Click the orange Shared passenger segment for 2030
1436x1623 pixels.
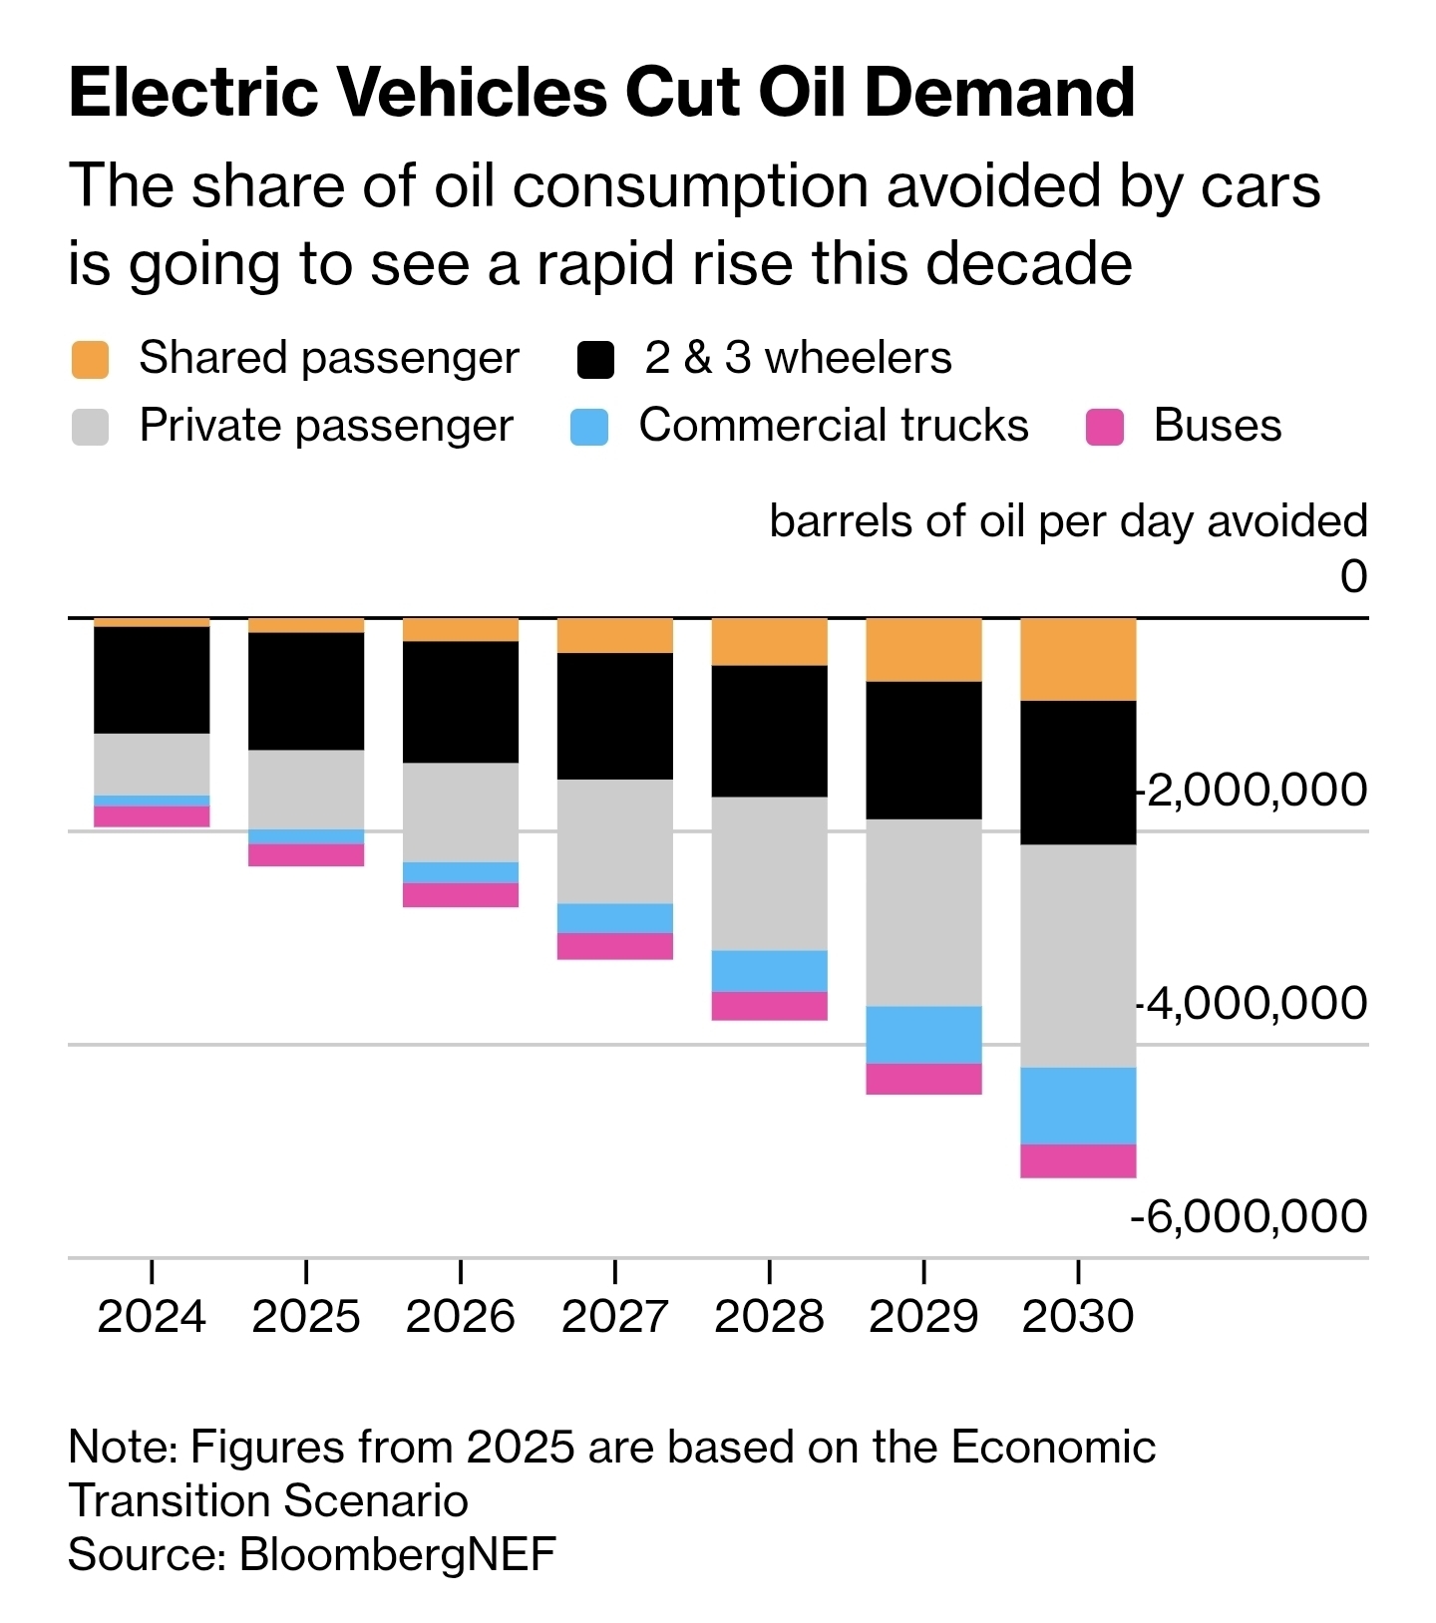[x=1078, y=659]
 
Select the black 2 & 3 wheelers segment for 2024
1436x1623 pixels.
[x=152, y=680]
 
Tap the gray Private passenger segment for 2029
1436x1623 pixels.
[x=923, y=912]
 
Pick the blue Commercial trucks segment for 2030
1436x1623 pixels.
[x=1078, y=1106]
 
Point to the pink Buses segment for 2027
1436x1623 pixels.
[x=615, y=946]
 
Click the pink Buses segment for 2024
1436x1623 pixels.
[x=152, y=816]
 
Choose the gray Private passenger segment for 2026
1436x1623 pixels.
[x=461, y=812]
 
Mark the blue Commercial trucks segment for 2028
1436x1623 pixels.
[x=770, y=971]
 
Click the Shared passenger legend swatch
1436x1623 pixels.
[x=91, y=359]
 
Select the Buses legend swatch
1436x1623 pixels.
[x=1105, y=427]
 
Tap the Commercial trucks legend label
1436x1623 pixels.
[x=834, y=426]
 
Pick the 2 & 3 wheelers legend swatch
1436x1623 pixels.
[x=595, y=359]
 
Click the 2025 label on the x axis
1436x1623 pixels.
[x=306, y=1316]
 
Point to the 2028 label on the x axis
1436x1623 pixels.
[x=770, y=1316]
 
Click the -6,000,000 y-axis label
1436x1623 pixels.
[x=1249, y=1216]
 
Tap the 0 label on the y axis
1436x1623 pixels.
[x=1353, y=576]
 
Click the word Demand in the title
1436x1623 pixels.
[x=999, y=92]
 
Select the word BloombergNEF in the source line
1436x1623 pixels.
[x=398, y=1554]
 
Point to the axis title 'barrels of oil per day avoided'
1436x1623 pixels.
[x=1068, y=521]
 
